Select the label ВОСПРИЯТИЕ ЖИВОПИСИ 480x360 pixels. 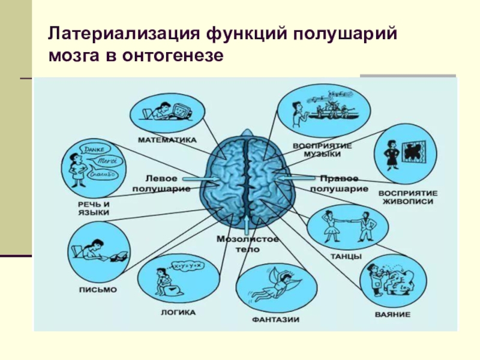pos(408,197)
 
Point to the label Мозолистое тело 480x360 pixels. pos(247,244)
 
